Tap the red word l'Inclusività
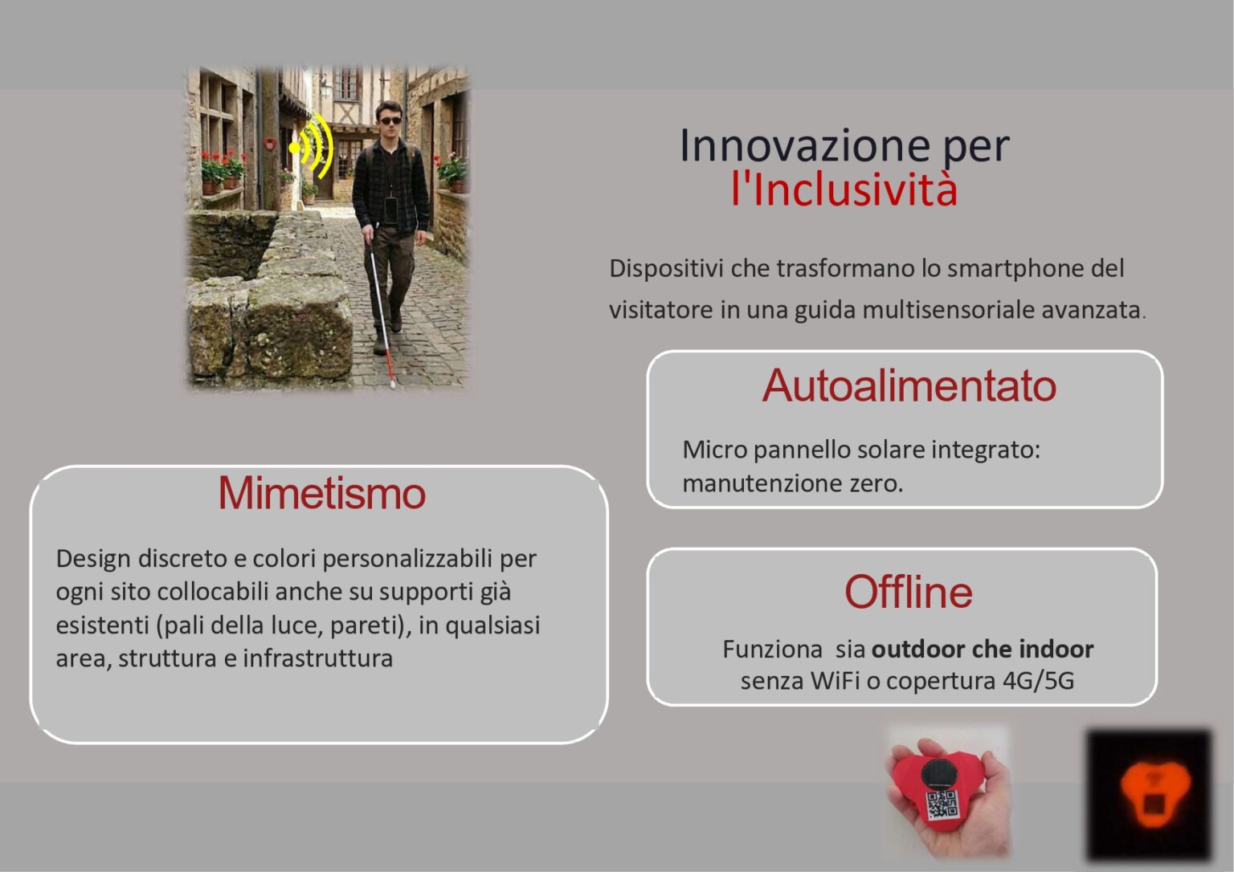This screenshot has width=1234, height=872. pyautogui.click(x=844, y=189)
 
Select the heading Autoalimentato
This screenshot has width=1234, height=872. pyautogui.click(x=909, y=385)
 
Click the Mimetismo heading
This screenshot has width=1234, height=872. pyautogui.click(x=321, y=493)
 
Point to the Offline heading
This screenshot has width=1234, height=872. pyautogui.click(x=908, y=593)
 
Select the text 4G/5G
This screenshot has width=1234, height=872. pyautogui.click(x=1038, y=681)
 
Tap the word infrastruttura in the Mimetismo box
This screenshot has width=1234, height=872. pyautogui.click(x=317, y=658)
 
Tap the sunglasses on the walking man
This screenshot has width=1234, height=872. pyautogui.click(x=390, y=121)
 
